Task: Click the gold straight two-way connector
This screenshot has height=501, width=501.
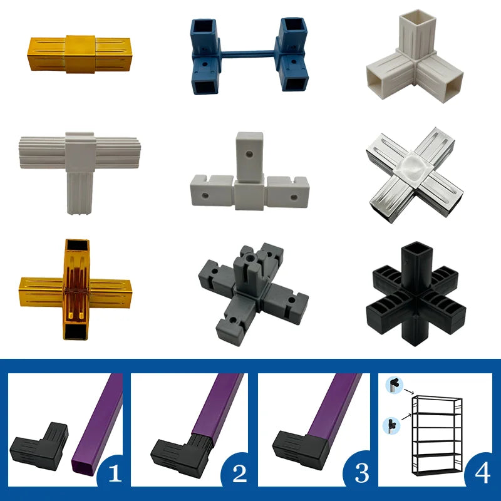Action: coord(80,54)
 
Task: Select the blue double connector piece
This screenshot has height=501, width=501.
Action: coord(249,56)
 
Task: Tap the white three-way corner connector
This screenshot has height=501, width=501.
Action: coord(415,57)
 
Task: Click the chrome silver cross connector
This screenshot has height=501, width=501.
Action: coord(415,175)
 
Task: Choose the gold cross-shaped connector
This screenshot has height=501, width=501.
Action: coord(76,289)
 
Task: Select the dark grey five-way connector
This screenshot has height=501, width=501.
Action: coord(252,294)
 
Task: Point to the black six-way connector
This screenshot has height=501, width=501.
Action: coord(416,293)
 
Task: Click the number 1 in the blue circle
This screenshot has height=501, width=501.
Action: coord(115,473)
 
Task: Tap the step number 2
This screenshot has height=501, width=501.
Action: coord(240,473)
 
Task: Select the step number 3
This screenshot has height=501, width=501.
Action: coord(362,473)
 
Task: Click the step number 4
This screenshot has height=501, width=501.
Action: coord(482,473)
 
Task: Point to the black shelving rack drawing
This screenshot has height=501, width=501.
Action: coord(436,435)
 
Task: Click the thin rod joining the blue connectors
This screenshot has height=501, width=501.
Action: coord(247,53)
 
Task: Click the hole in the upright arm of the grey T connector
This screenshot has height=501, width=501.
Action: coord(249,155)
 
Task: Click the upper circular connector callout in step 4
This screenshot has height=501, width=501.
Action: coord(395,385)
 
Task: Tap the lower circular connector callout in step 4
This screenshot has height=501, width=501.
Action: coord(392,426)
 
